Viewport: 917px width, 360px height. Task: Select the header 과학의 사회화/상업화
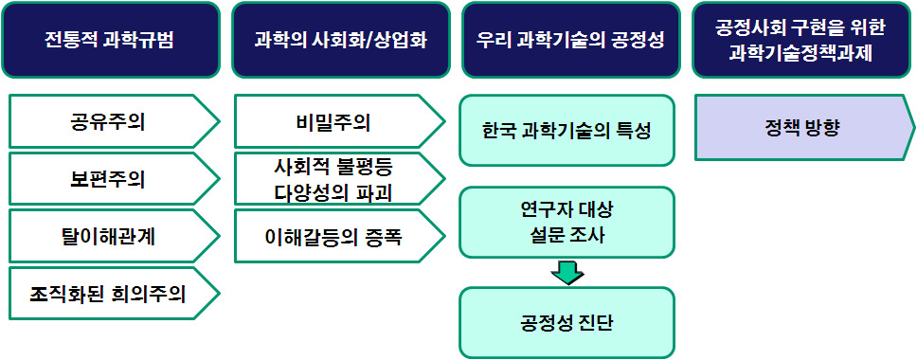tap(340, 40)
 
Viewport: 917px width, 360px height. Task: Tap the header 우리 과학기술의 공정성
tap(569, 40)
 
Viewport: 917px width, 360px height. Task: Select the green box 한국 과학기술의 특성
tap(566, 131)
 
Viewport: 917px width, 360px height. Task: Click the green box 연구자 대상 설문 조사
tap(566, 222)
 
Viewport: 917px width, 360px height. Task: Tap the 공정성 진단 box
tap(566, 323)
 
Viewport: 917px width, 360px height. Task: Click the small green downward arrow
tap(566, 272)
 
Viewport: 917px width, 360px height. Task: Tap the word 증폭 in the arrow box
tap(383, 236)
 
